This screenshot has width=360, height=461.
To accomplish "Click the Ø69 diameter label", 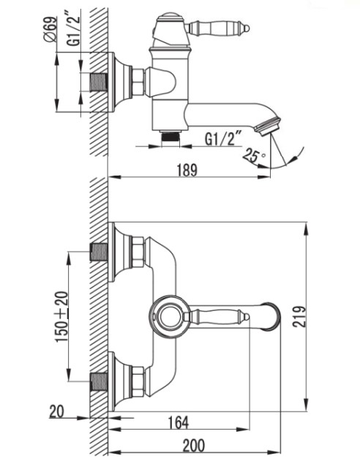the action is [50, 30].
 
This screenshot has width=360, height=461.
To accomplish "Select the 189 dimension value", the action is [187, 170].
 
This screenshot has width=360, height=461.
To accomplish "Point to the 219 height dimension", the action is [299, 316].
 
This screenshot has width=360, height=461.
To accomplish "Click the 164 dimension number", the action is [179, 422].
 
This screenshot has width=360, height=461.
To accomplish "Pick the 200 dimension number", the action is [194, 446].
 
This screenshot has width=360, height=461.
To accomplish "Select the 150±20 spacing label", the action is [62, 316].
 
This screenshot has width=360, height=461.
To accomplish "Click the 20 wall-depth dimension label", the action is [57, 411].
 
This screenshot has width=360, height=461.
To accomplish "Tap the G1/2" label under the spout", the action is [223, 139].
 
